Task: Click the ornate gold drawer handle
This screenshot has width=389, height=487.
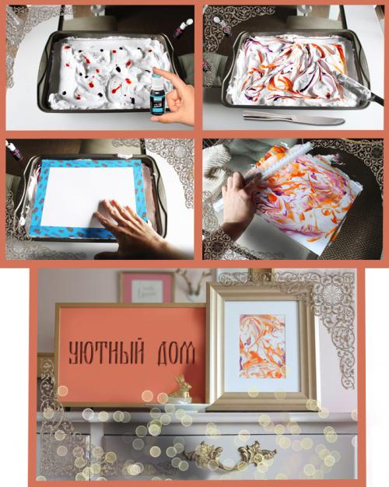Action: tap(226, 454)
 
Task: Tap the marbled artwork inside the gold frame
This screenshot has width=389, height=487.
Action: tap(262, 346)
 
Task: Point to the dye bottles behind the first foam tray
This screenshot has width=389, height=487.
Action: tap(183, 29)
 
